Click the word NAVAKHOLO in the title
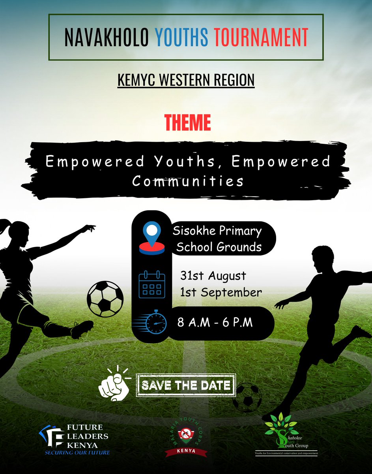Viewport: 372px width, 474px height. (107, 37)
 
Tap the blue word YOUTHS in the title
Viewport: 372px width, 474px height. (181, 37)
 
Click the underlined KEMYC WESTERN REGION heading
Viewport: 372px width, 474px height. (186, 80)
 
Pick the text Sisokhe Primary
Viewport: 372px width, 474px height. (217, 231)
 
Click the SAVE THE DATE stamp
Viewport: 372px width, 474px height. (186, 385)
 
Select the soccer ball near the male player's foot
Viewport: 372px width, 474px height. (247, 397)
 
